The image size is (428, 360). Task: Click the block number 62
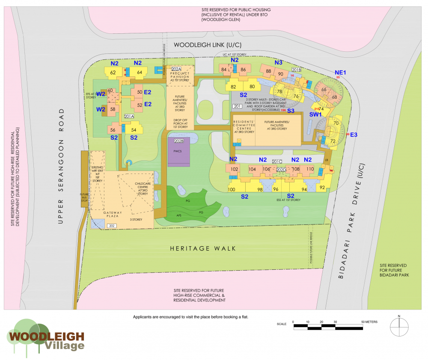pyautogui.click(x=113, y=72)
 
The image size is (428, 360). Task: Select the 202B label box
pyautogui.click(x=178, y=141)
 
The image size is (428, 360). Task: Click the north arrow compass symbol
pyautogui.click(x=399, y=327)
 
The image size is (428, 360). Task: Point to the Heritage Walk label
pyautogui.click(x=203, y=248)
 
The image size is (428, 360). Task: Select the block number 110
pyautogui.click(x=310, y=169)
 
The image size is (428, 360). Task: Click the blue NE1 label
pyautogui.click(x=340, y=72)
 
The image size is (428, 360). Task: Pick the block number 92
pyautogui.click(x=322, y=187)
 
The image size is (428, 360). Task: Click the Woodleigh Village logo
pyautogui.click(x=45, y=337)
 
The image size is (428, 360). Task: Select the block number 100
pyautogui.click(x=232, y=189)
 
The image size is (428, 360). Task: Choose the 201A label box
pyautogui.click(x=129, y=116)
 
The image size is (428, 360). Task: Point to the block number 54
pyautogui.click(x=134, y=130)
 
